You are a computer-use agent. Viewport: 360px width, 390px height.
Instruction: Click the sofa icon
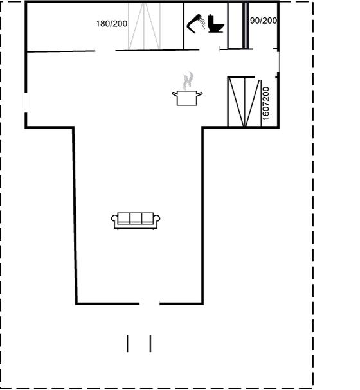[136, 220]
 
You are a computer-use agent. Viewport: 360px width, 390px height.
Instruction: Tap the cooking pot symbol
[187, 98]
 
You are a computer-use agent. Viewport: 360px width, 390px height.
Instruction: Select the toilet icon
[216, 24]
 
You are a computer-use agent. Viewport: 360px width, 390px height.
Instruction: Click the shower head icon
[196, 24]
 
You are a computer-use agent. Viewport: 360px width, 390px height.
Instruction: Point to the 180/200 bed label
[111, 24]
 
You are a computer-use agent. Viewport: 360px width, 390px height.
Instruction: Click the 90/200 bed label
[264, 21]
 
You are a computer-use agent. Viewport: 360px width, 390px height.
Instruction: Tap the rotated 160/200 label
[265, 103]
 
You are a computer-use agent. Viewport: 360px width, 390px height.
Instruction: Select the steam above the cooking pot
[188, 80]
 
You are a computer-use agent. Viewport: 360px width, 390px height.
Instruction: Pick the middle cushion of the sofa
[136, 218]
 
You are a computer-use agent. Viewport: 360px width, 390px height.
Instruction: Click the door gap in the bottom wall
[149, 303]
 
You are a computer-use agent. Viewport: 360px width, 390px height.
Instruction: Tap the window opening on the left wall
[26, 102]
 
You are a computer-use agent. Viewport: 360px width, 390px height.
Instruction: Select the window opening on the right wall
[276, 62]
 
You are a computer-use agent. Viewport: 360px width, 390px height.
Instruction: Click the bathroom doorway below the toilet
[209, 49]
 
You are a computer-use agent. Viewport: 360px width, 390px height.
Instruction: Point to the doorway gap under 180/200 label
[105, 51]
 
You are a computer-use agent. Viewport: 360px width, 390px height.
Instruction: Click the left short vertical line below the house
[128, 344]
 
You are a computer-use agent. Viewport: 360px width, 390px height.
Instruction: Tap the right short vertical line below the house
[150, 344]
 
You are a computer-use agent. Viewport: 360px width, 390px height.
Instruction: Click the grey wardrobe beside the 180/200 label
[144, 26]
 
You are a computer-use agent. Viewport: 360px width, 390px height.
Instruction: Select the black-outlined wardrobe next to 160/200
[244, 102]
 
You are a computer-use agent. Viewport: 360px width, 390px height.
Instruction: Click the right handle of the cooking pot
[199, 94]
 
